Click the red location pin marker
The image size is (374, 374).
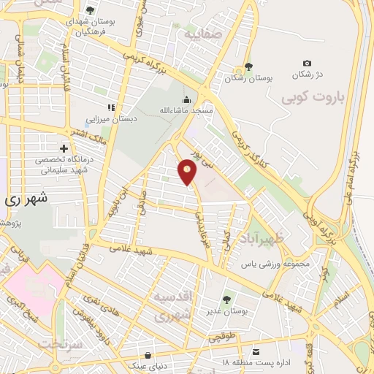tap(188, 172)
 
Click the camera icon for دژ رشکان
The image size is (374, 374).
tap(307, 64)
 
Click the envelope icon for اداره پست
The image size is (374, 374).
tap(256, 352)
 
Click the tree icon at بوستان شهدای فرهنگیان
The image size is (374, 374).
tap(89, 11)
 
